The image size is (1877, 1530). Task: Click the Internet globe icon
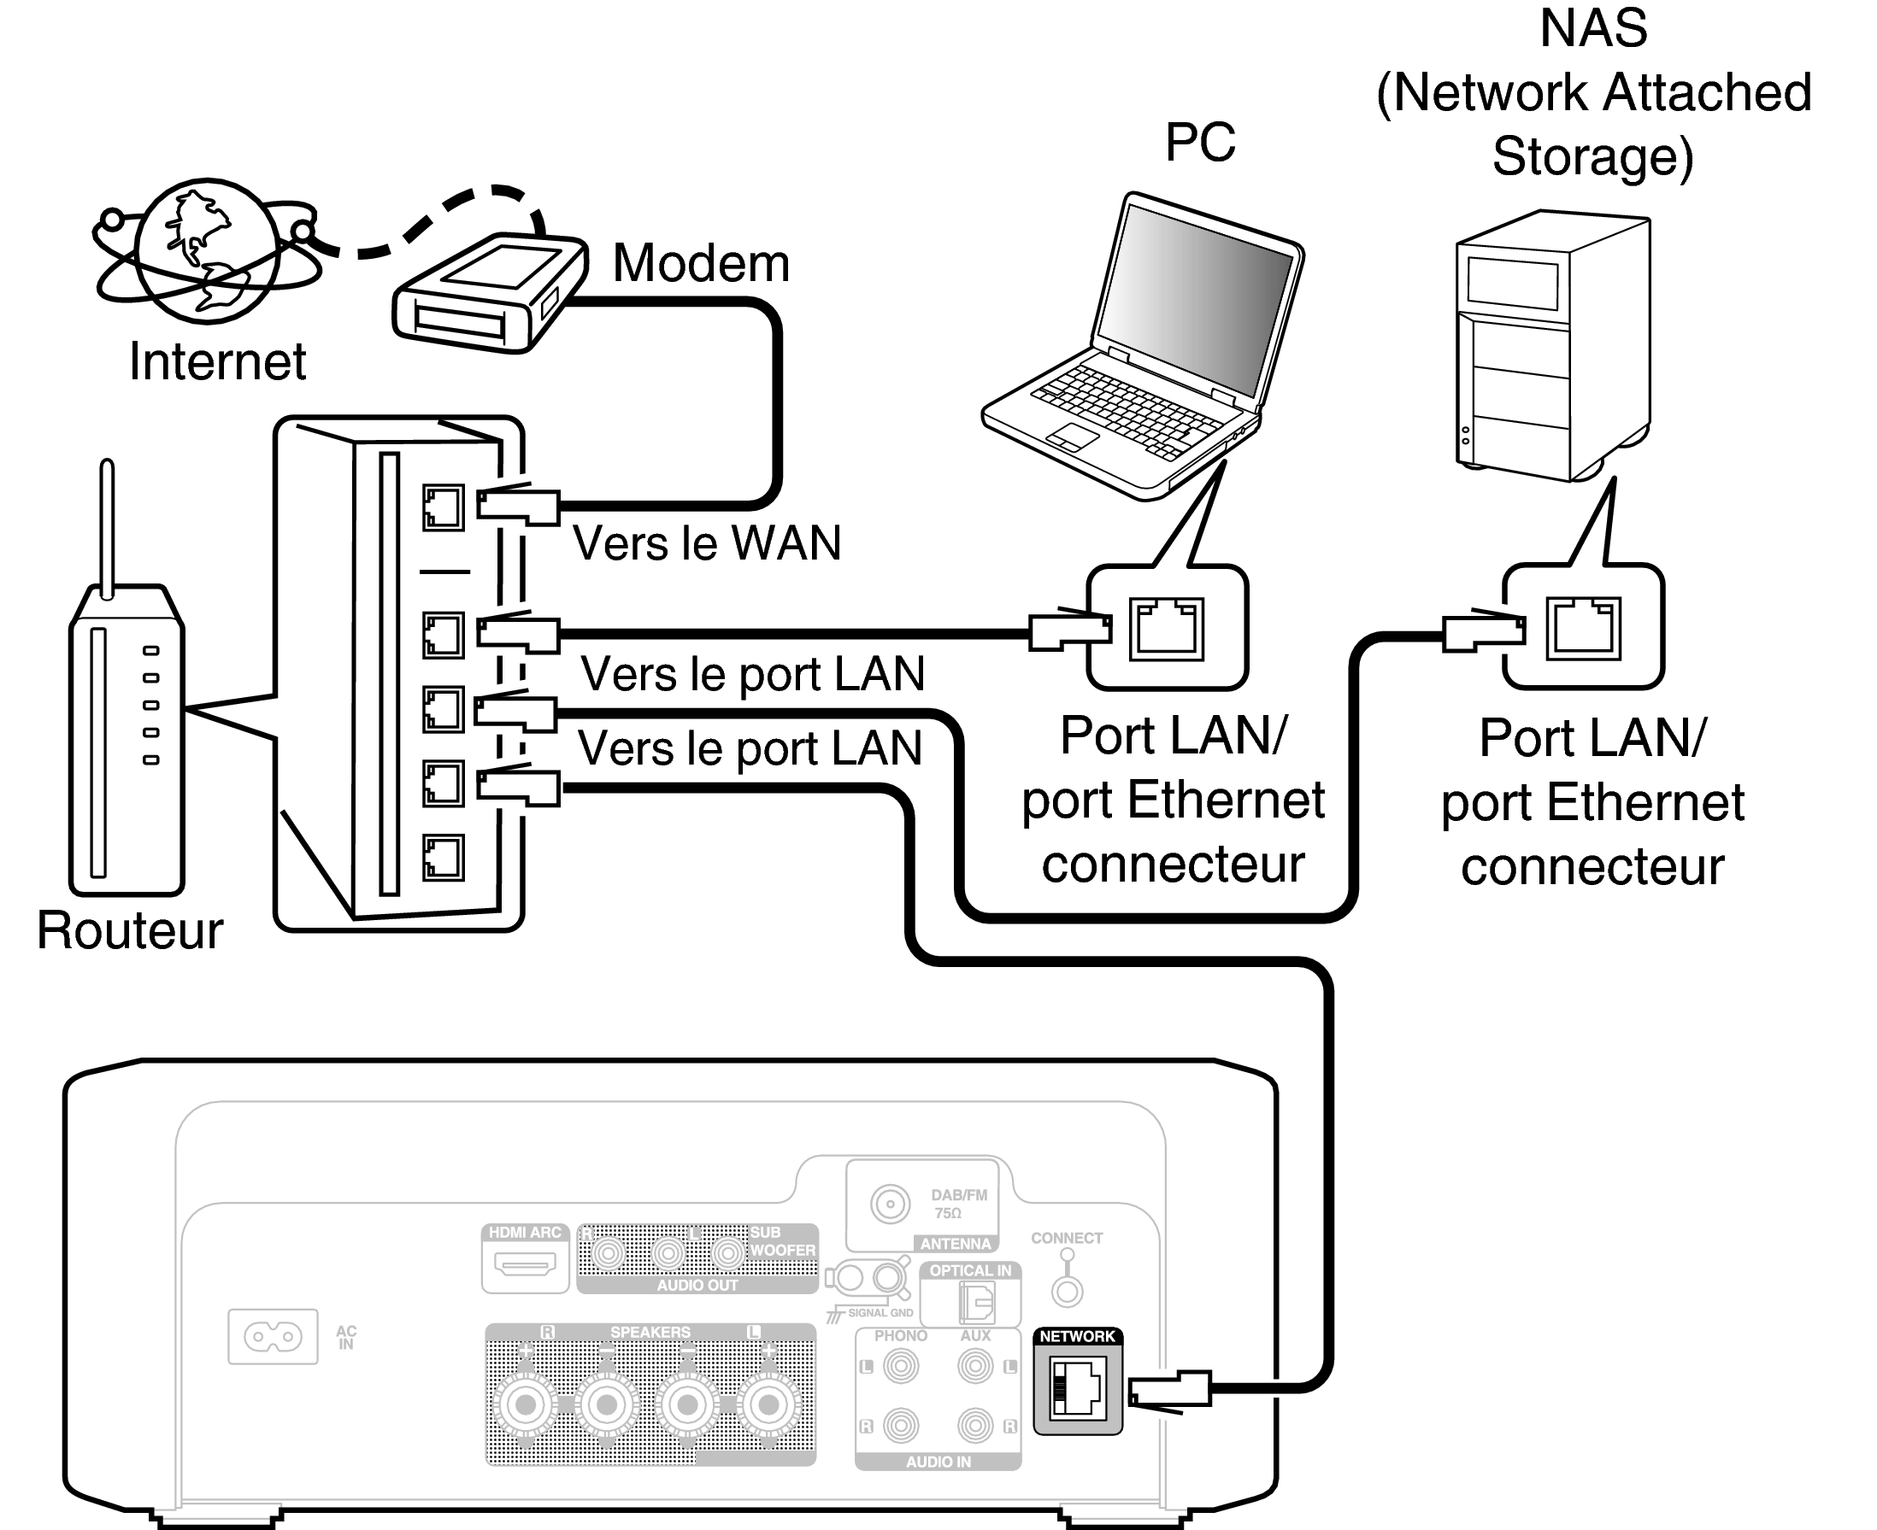[207, 251]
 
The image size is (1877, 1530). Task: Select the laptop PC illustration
[1146, 353]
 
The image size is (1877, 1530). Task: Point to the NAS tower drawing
[1551, 349]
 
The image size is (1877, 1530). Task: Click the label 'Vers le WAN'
[706, 543]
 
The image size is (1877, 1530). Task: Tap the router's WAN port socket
[443, 507]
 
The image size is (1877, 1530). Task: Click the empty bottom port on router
[443, 858]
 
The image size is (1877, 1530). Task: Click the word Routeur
[130, 929]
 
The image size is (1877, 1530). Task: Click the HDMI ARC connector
[525, 1265]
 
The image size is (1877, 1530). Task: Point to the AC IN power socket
[273, 1337]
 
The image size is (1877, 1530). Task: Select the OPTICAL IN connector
[976, 1302]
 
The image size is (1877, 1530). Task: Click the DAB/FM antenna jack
[890, 1204]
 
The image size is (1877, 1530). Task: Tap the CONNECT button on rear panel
[1067, 1292]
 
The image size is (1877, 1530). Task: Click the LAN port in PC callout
[1167, 629]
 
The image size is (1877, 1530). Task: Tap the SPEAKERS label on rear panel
[650, 1332]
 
